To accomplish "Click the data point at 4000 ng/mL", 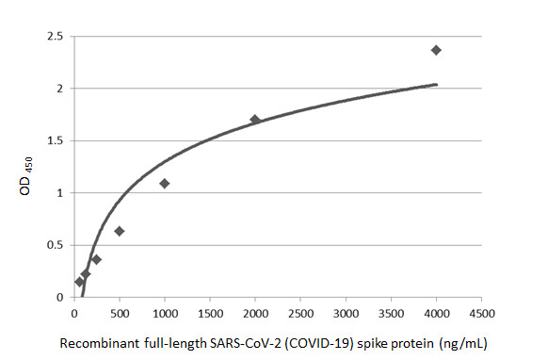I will tap(436, 50).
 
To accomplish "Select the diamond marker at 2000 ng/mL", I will tap(255, 120).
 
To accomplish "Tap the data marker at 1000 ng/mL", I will tap(165, 183).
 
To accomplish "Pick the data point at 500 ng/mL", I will tap(120, 231).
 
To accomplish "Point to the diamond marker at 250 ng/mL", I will tap(97, 259).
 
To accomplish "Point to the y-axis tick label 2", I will tap(59, 89).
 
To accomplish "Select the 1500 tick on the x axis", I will tap(210, 313).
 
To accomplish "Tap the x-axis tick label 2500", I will tap(300, 313).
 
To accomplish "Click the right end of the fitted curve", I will tap(437, 84).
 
